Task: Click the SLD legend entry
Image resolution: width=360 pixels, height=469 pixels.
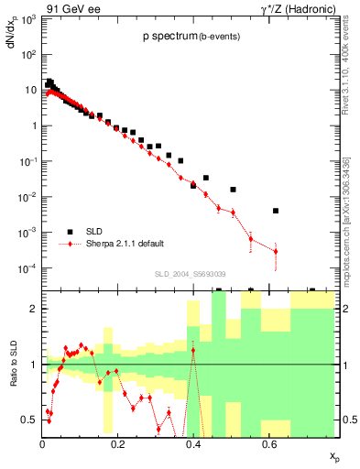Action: pyautogui.click(x=99, y=231)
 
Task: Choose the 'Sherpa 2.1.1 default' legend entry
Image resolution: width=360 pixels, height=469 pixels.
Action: pyautogui.click(x=125, y=244)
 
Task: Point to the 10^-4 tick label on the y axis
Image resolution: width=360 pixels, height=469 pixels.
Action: pyautogui.click(x=28, y=268)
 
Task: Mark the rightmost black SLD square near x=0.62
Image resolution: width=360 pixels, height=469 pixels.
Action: pyautogui.click(x=276, y=211)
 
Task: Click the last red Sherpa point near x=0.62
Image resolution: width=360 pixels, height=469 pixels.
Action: pyautogui.click(x=276, y=251)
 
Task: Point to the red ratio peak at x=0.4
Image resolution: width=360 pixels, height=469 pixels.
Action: pyautogui.click(x=192, y=350)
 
